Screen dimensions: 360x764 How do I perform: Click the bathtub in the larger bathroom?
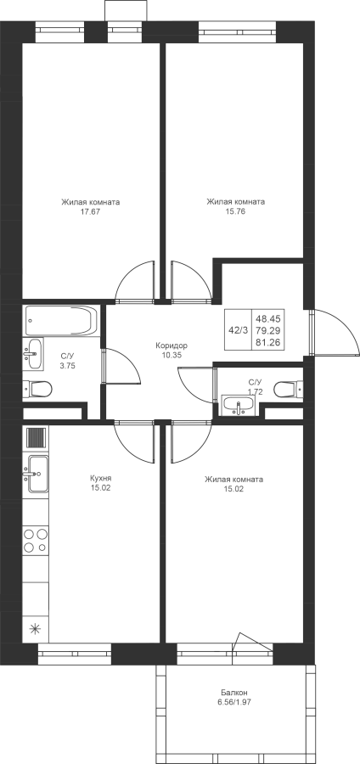[x=61, y=320]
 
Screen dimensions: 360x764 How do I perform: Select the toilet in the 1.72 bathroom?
[x=288, y=390]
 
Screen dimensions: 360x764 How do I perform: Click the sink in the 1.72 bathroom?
[x=239, y=405]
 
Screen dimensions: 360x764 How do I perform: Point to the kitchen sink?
[x=36, y=474]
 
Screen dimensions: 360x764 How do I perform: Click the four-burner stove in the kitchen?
[x=36, y=541]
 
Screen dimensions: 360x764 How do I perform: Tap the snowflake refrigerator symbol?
[x=35, y=628]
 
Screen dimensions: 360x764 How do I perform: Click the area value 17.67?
[x=91, y=212]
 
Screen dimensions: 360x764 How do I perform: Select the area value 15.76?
[x=236, y=212]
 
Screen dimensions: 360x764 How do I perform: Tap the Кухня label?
[x=101, y=479]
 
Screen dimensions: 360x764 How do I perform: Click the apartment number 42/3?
[x=239, y=330]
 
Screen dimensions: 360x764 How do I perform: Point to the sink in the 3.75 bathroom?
[x=34, y=353]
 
